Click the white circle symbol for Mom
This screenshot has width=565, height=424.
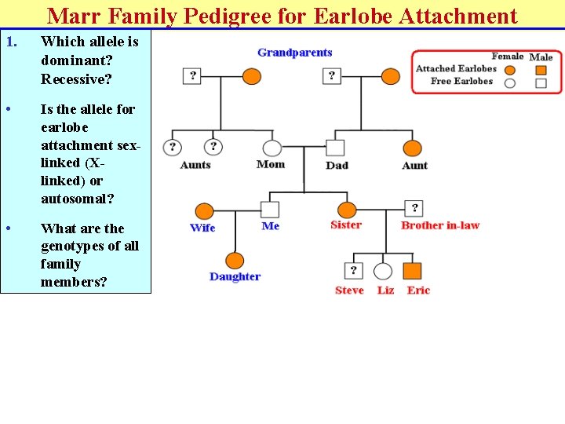(272, 148)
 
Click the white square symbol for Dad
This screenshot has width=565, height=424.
(335, 148)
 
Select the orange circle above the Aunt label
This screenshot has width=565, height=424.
(412, 148)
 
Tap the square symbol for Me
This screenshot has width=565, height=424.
(269, 210)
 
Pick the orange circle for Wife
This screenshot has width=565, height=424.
(204, 210)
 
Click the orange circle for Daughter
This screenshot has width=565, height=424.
(235, 261)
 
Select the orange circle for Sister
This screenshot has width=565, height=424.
(346, 210)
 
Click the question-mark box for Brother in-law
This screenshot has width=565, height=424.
(414, 208)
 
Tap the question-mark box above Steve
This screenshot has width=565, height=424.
(354, 271)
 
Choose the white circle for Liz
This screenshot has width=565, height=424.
(383, 271)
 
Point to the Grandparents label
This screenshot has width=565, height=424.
(295, 53)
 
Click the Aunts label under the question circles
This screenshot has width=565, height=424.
(195, 165)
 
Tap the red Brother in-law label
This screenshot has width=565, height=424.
(439, 225)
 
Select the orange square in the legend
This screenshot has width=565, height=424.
(541, 70)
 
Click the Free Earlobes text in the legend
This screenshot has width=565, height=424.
(461, 81)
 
